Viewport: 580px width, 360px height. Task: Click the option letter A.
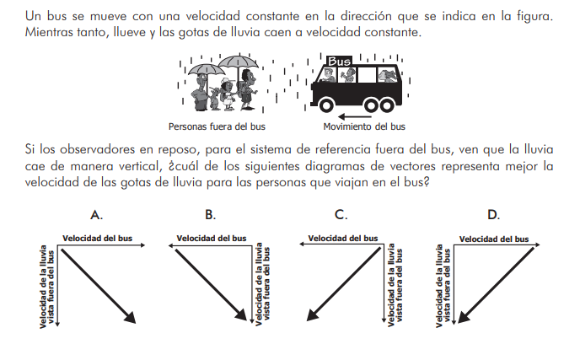[98, 215]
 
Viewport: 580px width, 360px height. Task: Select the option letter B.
[211, 215]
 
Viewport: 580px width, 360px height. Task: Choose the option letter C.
[341, 215]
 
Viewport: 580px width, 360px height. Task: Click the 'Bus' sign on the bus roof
[339, 62]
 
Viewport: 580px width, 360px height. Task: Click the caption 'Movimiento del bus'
[365, 127]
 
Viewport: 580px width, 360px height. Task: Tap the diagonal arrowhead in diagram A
[130, 316]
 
